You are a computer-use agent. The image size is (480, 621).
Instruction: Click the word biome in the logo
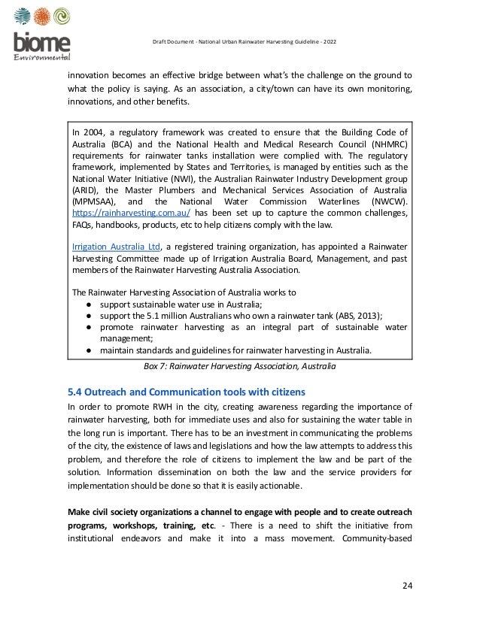[42, 44]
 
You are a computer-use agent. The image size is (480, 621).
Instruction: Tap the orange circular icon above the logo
[42, 17]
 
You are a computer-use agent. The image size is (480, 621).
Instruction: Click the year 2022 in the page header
[329, 40]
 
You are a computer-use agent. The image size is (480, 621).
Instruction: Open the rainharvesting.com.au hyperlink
[126, 213]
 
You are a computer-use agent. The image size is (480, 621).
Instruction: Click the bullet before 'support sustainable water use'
[89, 304]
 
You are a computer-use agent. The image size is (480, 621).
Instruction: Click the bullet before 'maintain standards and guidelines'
[89, 350]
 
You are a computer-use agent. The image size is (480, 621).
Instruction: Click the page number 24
[406, 586]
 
